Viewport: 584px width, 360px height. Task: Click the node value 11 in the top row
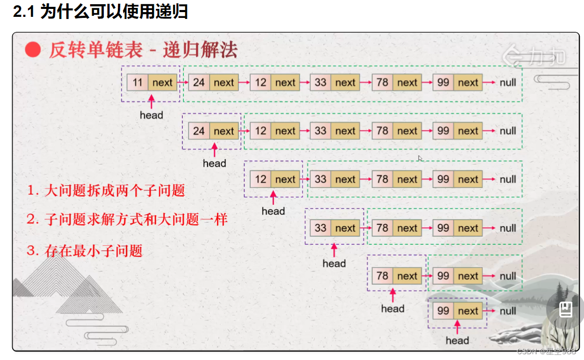137,83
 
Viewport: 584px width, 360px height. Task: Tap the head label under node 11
151,115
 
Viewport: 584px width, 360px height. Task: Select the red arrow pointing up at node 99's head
457,327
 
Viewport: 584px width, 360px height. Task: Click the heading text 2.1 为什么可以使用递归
101,12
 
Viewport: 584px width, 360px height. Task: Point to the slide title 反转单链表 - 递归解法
143,50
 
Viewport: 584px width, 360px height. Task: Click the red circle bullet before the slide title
33,50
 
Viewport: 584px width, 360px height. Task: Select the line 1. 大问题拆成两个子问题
106,191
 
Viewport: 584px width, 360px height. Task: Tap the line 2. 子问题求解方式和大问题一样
127,219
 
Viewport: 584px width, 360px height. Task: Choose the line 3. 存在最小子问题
85,251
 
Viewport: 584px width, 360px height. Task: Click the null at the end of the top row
508,83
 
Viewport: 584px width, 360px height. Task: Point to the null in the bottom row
508,311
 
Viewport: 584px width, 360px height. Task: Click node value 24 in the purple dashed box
199,131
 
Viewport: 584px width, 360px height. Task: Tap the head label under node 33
334,263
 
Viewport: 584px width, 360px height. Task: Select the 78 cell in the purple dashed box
383,276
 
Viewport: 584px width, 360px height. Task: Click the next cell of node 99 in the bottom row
468,311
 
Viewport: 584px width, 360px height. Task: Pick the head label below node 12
273,211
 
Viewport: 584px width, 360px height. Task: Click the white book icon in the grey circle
566,309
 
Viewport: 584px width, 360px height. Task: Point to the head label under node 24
214,163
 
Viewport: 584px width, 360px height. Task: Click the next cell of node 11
163,83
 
